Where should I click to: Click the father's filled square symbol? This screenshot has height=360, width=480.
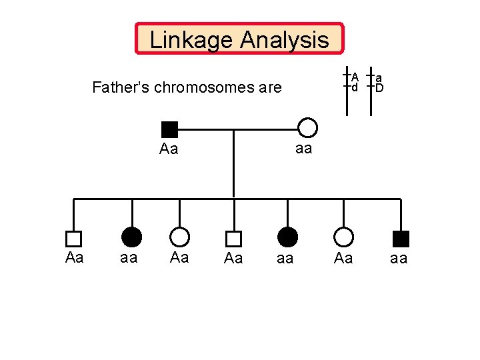pos(170,130)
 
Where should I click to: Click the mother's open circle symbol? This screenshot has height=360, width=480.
pos(307,128)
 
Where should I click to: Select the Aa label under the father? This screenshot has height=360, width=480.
pos(169,149)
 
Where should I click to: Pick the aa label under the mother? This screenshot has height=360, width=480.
pos(303,149)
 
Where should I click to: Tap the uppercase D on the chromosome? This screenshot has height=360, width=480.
pos(379,87)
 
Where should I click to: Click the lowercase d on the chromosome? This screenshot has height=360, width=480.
pos(355,87)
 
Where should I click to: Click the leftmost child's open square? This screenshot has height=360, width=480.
pos(73,238)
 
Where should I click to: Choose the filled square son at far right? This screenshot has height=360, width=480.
pos(401,238)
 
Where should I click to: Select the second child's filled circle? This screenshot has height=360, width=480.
pos(132,237)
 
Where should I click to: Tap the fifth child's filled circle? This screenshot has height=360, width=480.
pos(287,237)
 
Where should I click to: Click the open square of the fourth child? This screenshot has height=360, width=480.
pos(233,238)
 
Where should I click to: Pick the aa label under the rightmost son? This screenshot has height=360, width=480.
pos(398,259)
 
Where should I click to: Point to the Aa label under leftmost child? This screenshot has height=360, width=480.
pos(75,257)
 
